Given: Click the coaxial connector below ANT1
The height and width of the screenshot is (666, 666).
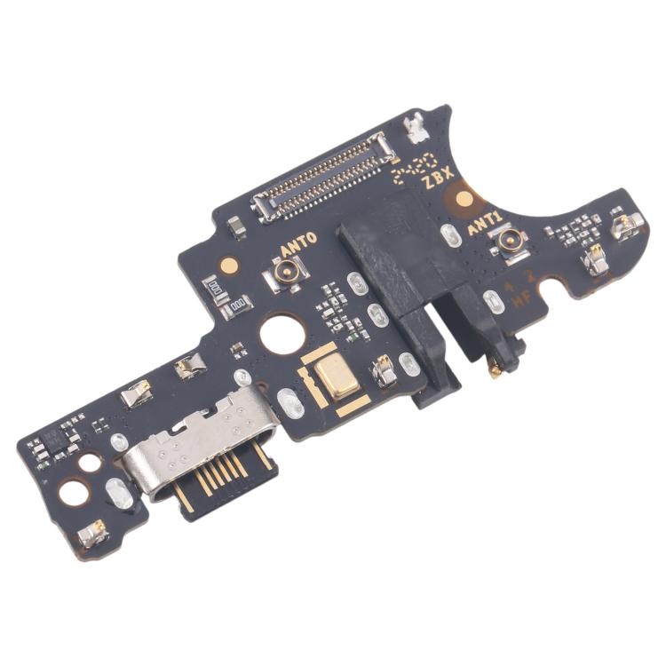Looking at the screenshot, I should tap(512, 241).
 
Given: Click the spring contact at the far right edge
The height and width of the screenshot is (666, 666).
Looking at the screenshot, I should tap(625, 226).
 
